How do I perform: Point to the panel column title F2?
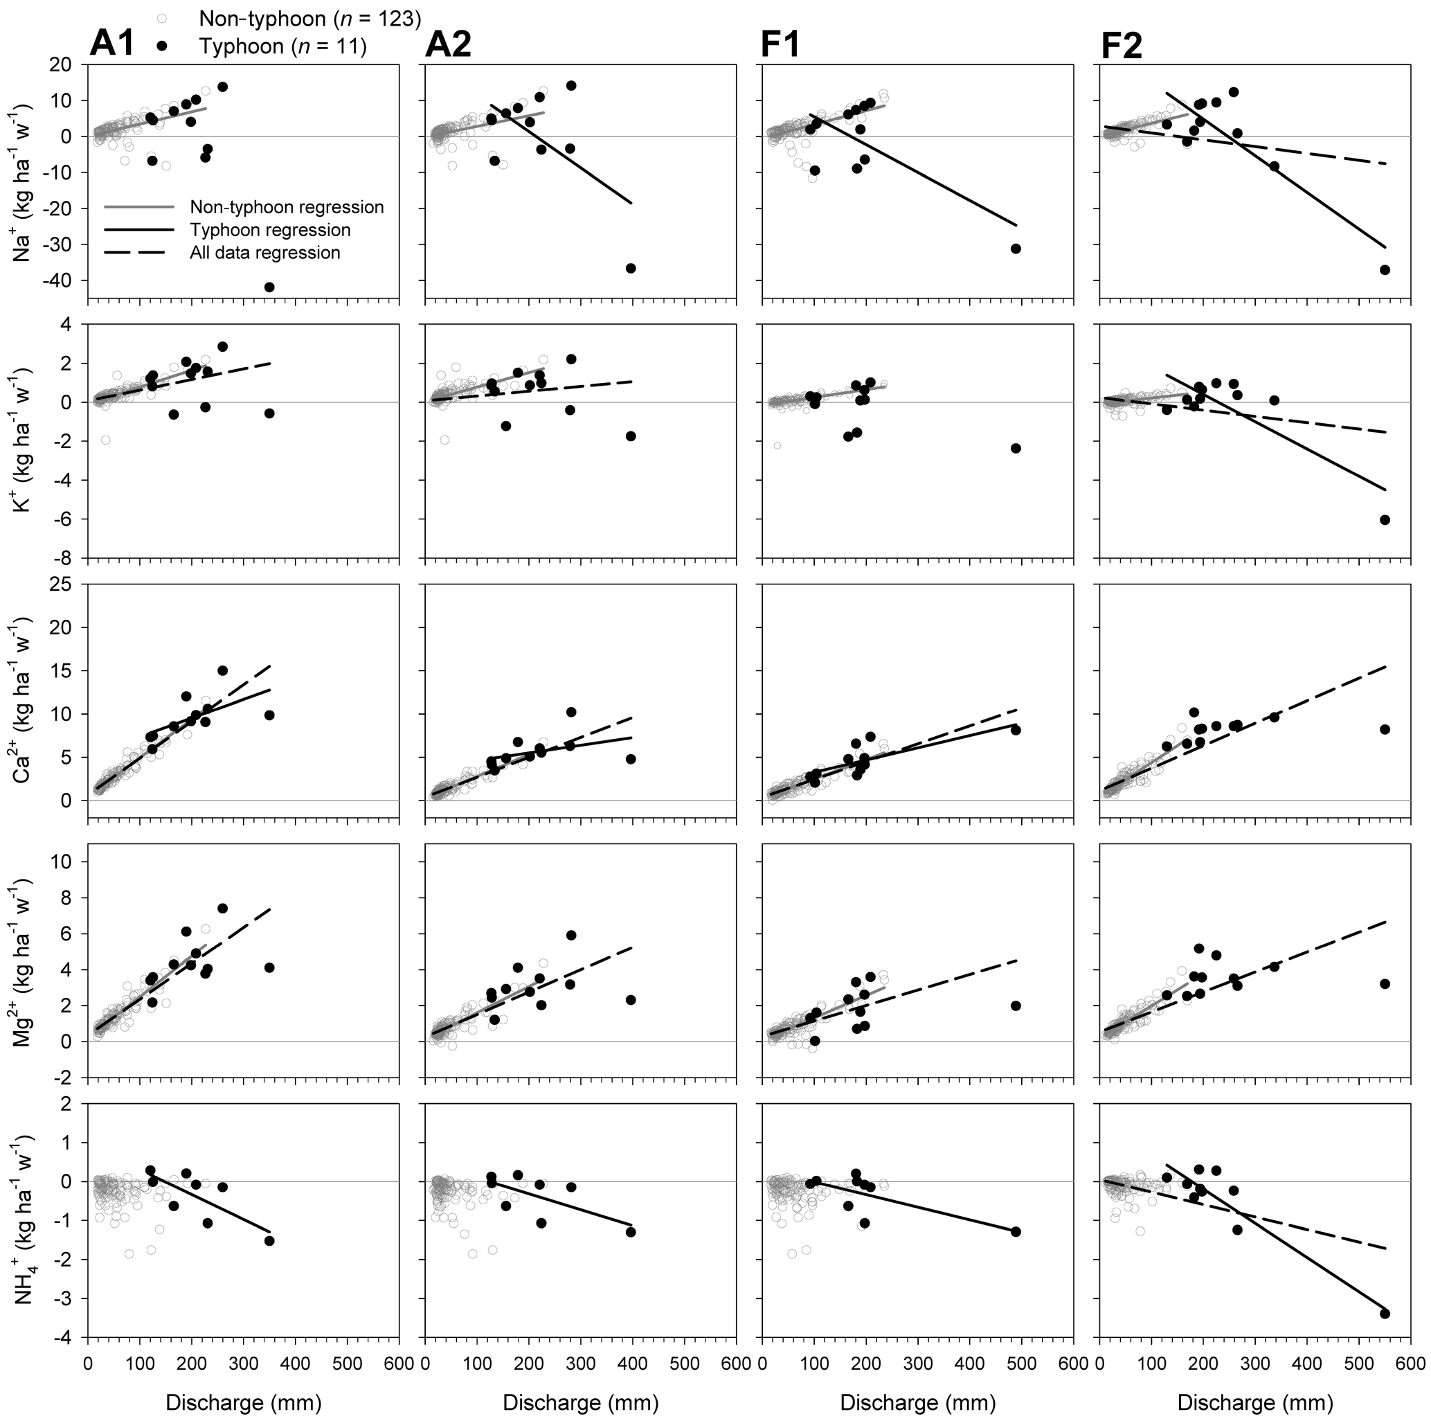[x=1122, y=46]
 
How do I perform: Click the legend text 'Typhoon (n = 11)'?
[x=282, y=46]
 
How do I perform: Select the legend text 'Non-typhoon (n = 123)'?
[x=309, y=19]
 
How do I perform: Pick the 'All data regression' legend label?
[x=264, y=253]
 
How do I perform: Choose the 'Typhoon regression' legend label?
[x=269, y=230]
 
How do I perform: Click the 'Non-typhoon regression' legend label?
[x=287, y=206]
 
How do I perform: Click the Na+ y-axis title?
[x=24, y=181]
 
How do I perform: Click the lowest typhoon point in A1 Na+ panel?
[x=269, y=287]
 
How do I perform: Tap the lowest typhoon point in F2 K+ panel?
[x=1385, y=520]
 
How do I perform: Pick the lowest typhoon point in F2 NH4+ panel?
[x=1385, y=1314]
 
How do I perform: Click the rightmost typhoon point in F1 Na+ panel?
[x=1016, y=249]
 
